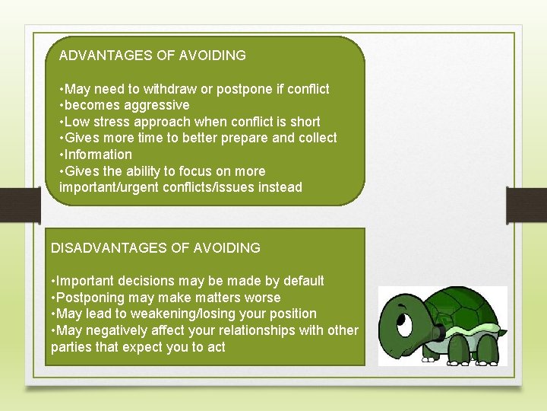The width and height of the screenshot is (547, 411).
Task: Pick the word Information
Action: [98, 155]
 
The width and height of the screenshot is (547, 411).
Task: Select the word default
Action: [301, 281]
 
